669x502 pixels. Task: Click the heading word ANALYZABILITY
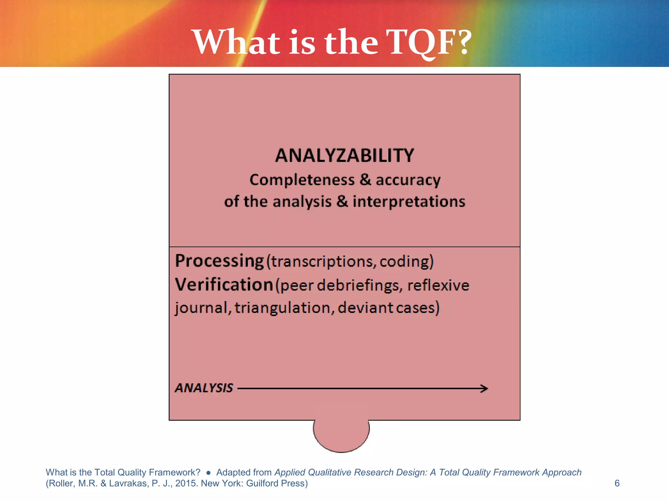point(344,156)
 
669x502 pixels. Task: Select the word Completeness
point(302,180)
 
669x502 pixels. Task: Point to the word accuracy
point(408,180)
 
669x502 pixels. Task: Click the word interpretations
point(409,201)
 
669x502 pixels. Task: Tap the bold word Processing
point(219,261)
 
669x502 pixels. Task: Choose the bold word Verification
point(224,285)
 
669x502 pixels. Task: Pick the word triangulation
point(283,308)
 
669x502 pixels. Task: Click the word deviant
point(365,308)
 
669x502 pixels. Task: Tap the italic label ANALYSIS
point(204,388)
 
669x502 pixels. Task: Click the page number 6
point(617,483)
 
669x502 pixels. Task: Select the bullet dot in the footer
point(208,473)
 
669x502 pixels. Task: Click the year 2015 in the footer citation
point(186,483)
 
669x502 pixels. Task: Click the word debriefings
point(358,285)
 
